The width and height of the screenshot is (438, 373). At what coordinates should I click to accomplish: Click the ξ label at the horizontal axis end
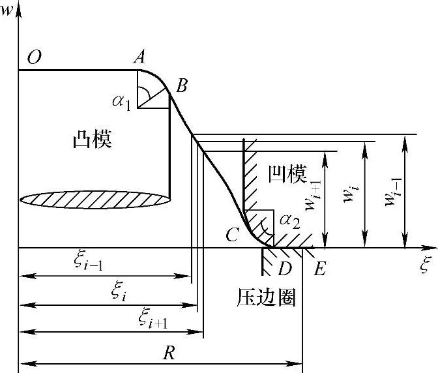point(426,265)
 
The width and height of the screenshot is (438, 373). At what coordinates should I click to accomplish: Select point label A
point(139,58)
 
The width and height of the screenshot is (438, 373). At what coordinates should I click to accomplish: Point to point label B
point(182,85)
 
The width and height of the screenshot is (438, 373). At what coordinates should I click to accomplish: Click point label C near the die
point(233,235)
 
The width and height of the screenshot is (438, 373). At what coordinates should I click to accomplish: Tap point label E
point(319,269)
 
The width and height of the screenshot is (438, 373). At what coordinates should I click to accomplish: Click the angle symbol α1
point(122,101)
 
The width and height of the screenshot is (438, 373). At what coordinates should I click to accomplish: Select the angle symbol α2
point(289,221)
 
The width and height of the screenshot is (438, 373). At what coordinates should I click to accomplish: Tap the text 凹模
point(287,173)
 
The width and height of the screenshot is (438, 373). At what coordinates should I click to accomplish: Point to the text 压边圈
point(266,298)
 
